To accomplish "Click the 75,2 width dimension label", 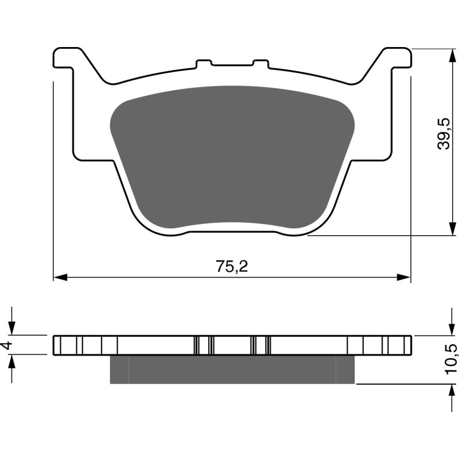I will [x=232, y=266].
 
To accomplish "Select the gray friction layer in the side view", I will [x=232, y=369].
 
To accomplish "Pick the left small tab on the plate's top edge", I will [x=204, y=63].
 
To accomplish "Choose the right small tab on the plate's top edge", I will [x=260, y=63].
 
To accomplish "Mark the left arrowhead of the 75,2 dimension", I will [x=58, y=278].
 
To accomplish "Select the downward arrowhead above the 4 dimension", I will [x=13, y=329].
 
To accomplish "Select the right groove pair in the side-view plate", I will [x=261, y=345].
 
